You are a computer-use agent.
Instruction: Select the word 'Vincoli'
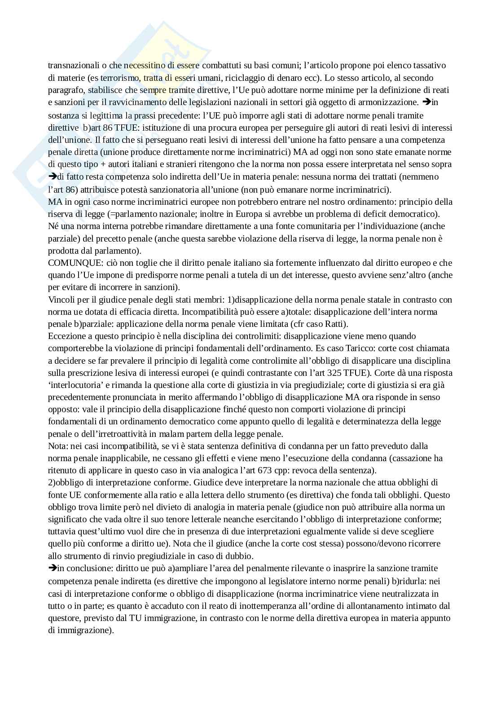tap(59, 299)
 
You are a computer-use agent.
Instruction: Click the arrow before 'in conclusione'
tap(52, 568)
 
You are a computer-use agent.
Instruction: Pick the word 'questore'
tap(63, 617)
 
